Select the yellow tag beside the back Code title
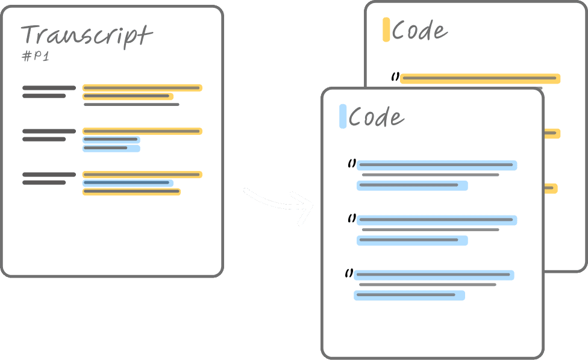386,30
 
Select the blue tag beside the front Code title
343,116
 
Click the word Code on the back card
419,30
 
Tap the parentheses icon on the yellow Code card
395,76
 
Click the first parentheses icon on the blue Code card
352,163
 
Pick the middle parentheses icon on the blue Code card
352,218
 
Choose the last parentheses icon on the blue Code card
349,273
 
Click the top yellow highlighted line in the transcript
142,88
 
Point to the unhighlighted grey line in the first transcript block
131,105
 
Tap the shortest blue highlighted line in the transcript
111,148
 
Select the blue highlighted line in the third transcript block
128,183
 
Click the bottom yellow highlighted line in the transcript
131,192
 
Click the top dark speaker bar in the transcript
49,88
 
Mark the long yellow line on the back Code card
480,78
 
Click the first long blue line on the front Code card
437,165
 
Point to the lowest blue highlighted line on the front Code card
409,296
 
